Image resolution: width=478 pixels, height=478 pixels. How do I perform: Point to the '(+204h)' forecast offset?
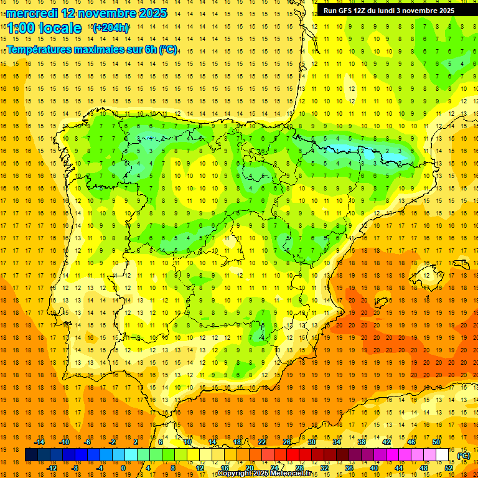(111, 28)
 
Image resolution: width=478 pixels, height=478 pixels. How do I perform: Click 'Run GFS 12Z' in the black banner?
(346, 11)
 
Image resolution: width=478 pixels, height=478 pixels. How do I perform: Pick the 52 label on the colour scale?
(449, 467)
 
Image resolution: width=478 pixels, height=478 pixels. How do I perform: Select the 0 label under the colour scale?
(123, 467)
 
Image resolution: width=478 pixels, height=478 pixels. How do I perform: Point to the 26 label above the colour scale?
(287, 442)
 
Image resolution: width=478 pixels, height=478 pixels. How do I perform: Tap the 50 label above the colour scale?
(436, 442)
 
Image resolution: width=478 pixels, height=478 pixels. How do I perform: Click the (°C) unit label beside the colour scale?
(463, 456)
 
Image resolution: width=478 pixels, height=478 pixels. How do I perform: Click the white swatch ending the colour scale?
(443, 455)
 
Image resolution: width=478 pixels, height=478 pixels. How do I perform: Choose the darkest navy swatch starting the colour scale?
(31, 455)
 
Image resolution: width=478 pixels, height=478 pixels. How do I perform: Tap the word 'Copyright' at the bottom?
(235, 474)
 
